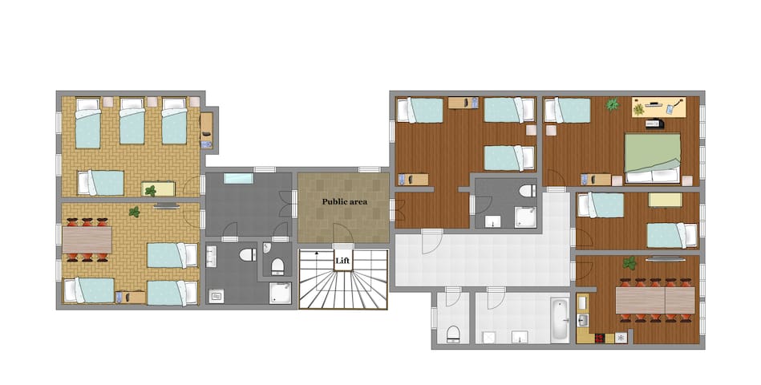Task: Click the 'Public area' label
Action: tap(344, 201)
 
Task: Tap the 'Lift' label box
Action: tap(342, 260)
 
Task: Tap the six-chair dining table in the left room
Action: tap(87, 240)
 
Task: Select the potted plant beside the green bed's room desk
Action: tap(613, 104)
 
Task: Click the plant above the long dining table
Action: tap(629, 262)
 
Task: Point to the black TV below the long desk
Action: tap(654, 124)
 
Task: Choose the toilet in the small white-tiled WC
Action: tap(452, 333)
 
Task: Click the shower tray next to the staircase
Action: tap(281, 294)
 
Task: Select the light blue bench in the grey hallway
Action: tap(238, 178)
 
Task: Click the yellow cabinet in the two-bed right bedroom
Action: tap(665, 200)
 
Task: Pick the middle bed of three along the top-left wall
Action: tap(132, 121)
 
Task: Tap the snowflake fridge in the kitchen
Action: tap(621, 338)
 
